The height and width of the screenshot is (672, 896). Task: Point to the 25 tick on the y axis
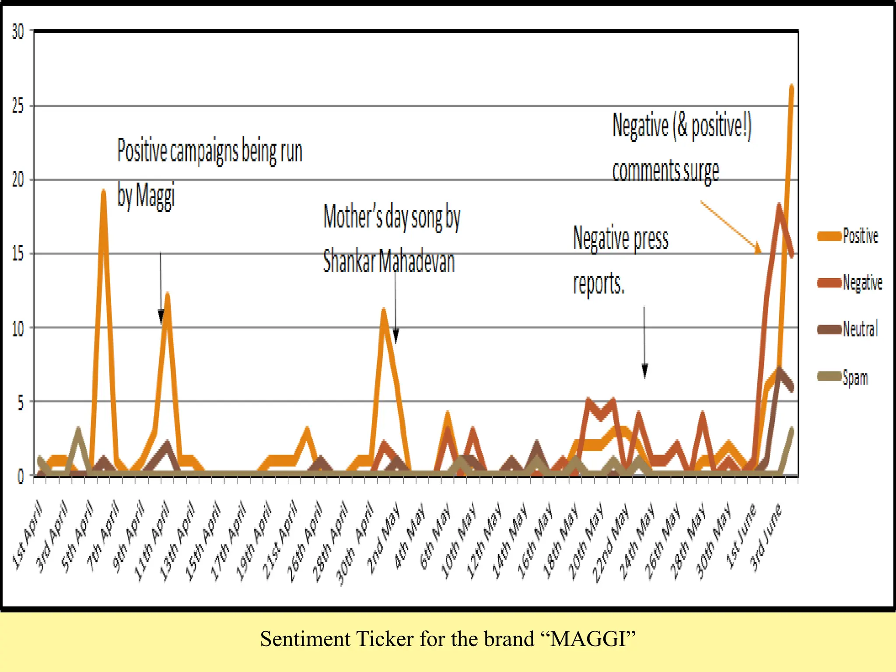point(18,106)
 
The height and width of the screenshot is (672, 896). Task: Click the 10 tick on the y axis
point(18,328)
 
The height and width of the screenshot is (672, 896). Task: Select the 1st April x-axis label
point(27,536)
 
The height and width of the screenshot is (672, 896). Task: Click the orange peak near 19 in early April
point(103,192)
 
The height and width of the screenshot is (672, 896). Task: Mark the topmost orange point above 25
point(791,87)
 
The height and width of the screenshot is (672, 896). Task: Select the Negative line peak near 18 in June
point(779,206)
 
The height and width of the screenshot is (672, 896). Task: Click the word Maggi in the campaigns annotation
point(155,196)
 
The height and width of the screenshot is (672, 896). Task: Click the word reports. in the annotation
point(598,283)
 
